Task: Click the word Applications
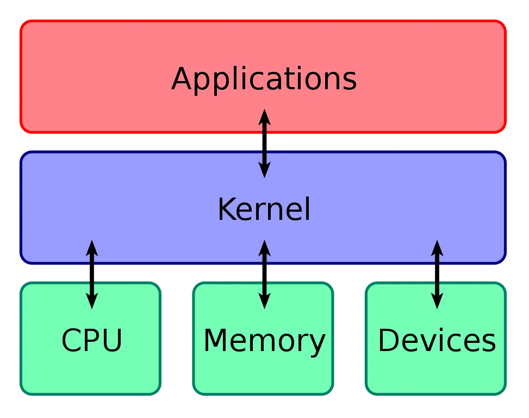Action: coord(264,79)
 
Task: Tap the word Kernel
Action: coord(264,210)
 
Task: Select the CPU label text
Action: coord(91,341)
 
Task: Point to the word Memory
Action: coord(264,341)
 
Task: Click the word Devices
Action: coord(437,341)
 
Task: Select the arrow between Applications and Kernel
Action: coord(264,143)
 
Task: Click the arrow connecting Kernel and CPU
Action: coord(92,274)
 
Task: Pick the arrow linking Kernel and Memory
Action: coord(264,274)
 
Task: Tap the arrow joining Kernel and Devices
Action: coord(437,274)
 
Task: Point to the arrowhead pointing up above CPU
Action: coord(92,248)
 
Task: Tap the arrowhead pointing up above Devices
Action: coord(437,248)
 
